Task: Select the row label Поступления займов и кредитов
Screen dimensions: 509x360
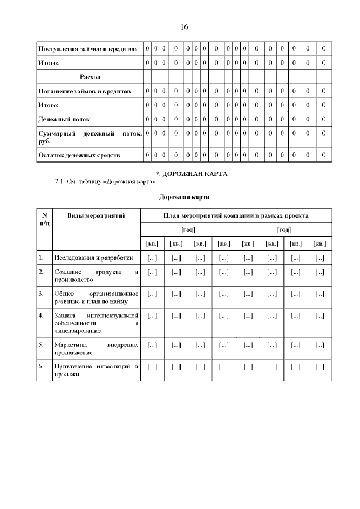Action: point(87,49)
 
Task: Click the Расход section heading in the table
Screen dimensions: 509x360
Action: point(90,76)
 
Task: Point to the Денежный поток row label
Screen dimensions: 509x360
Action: point(64,119)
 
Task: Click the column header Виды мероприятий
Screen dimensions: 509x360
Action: point(96,215)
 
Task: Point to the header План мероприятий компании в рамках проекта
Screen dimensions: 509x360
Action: point(236,215)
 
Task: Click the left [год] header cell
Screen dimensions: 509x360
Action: point(188,229)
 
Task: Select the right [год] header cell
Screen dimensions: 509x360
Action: point(284,229)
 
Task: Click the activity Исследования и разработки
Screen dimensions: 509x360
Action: point(93,258)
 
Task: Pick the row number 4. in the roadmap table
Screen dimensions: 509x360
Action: point(41,315)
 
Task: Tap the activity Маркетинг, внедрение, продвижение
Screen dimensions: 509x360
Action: point(96,349)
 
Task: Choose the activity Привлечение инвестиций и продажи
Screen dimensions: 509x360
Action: point(96,371)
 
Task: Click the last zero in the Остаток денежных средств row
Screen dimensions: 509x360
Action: point(323,155)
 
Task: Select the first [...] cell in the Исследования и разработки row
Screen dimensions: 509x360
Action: point(152,258)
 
